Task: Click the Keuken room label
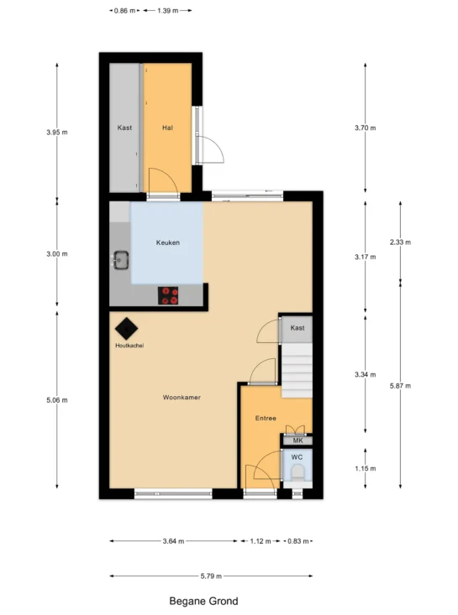[x=168, y=242]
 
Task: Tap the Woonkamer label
[x=182, y=398]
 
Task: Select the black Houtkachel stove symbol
[x=126, y=328]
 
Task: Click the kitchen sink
[x=121, y=260]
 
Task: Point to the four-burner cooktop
[x=168, y=295]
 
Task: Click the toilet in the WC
[x=297, y=472]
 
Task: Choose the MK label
[x=298, y=440]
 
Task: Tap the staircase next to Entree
[x=297, y=371]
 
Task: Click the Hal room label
[x=167, y=128]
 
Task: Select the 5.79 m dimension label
[x=211, y=576]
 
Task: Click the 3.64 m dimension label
[x=173, y=541]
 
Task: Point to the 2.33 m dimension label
[x=400, y=242]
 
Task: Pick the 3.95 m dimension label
[x=57, y=133]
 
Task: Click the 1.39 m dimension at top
[x=168, y=11]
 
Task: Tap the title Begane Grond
[x=203, y=602]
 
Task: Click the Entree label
[x=266, y=418]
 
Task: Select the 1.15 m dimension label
[x=366, y=468]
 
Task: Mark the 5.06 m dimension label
[x=57, y=400]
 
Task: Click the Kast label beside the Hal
[x=124, y=128]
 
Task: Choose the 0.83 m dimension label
[x=298, y=541]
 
